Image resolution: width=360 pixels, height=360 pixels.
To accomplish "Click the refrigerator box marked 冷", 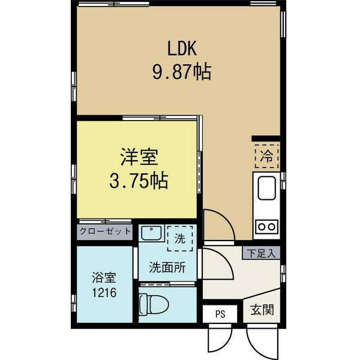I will pyautogui.click(x=265, y=156).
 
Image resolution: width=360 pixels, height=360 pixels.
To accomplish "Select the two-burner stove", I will pyautogui.click(x=266, y=226).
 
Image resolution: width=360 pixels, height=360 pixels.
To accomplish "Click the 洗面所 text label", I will pyautogui.click(x=167, y=268).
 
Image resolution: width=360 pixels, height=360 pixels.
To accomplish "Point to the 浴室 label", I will pyautogui.click(x=104, y=278).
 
